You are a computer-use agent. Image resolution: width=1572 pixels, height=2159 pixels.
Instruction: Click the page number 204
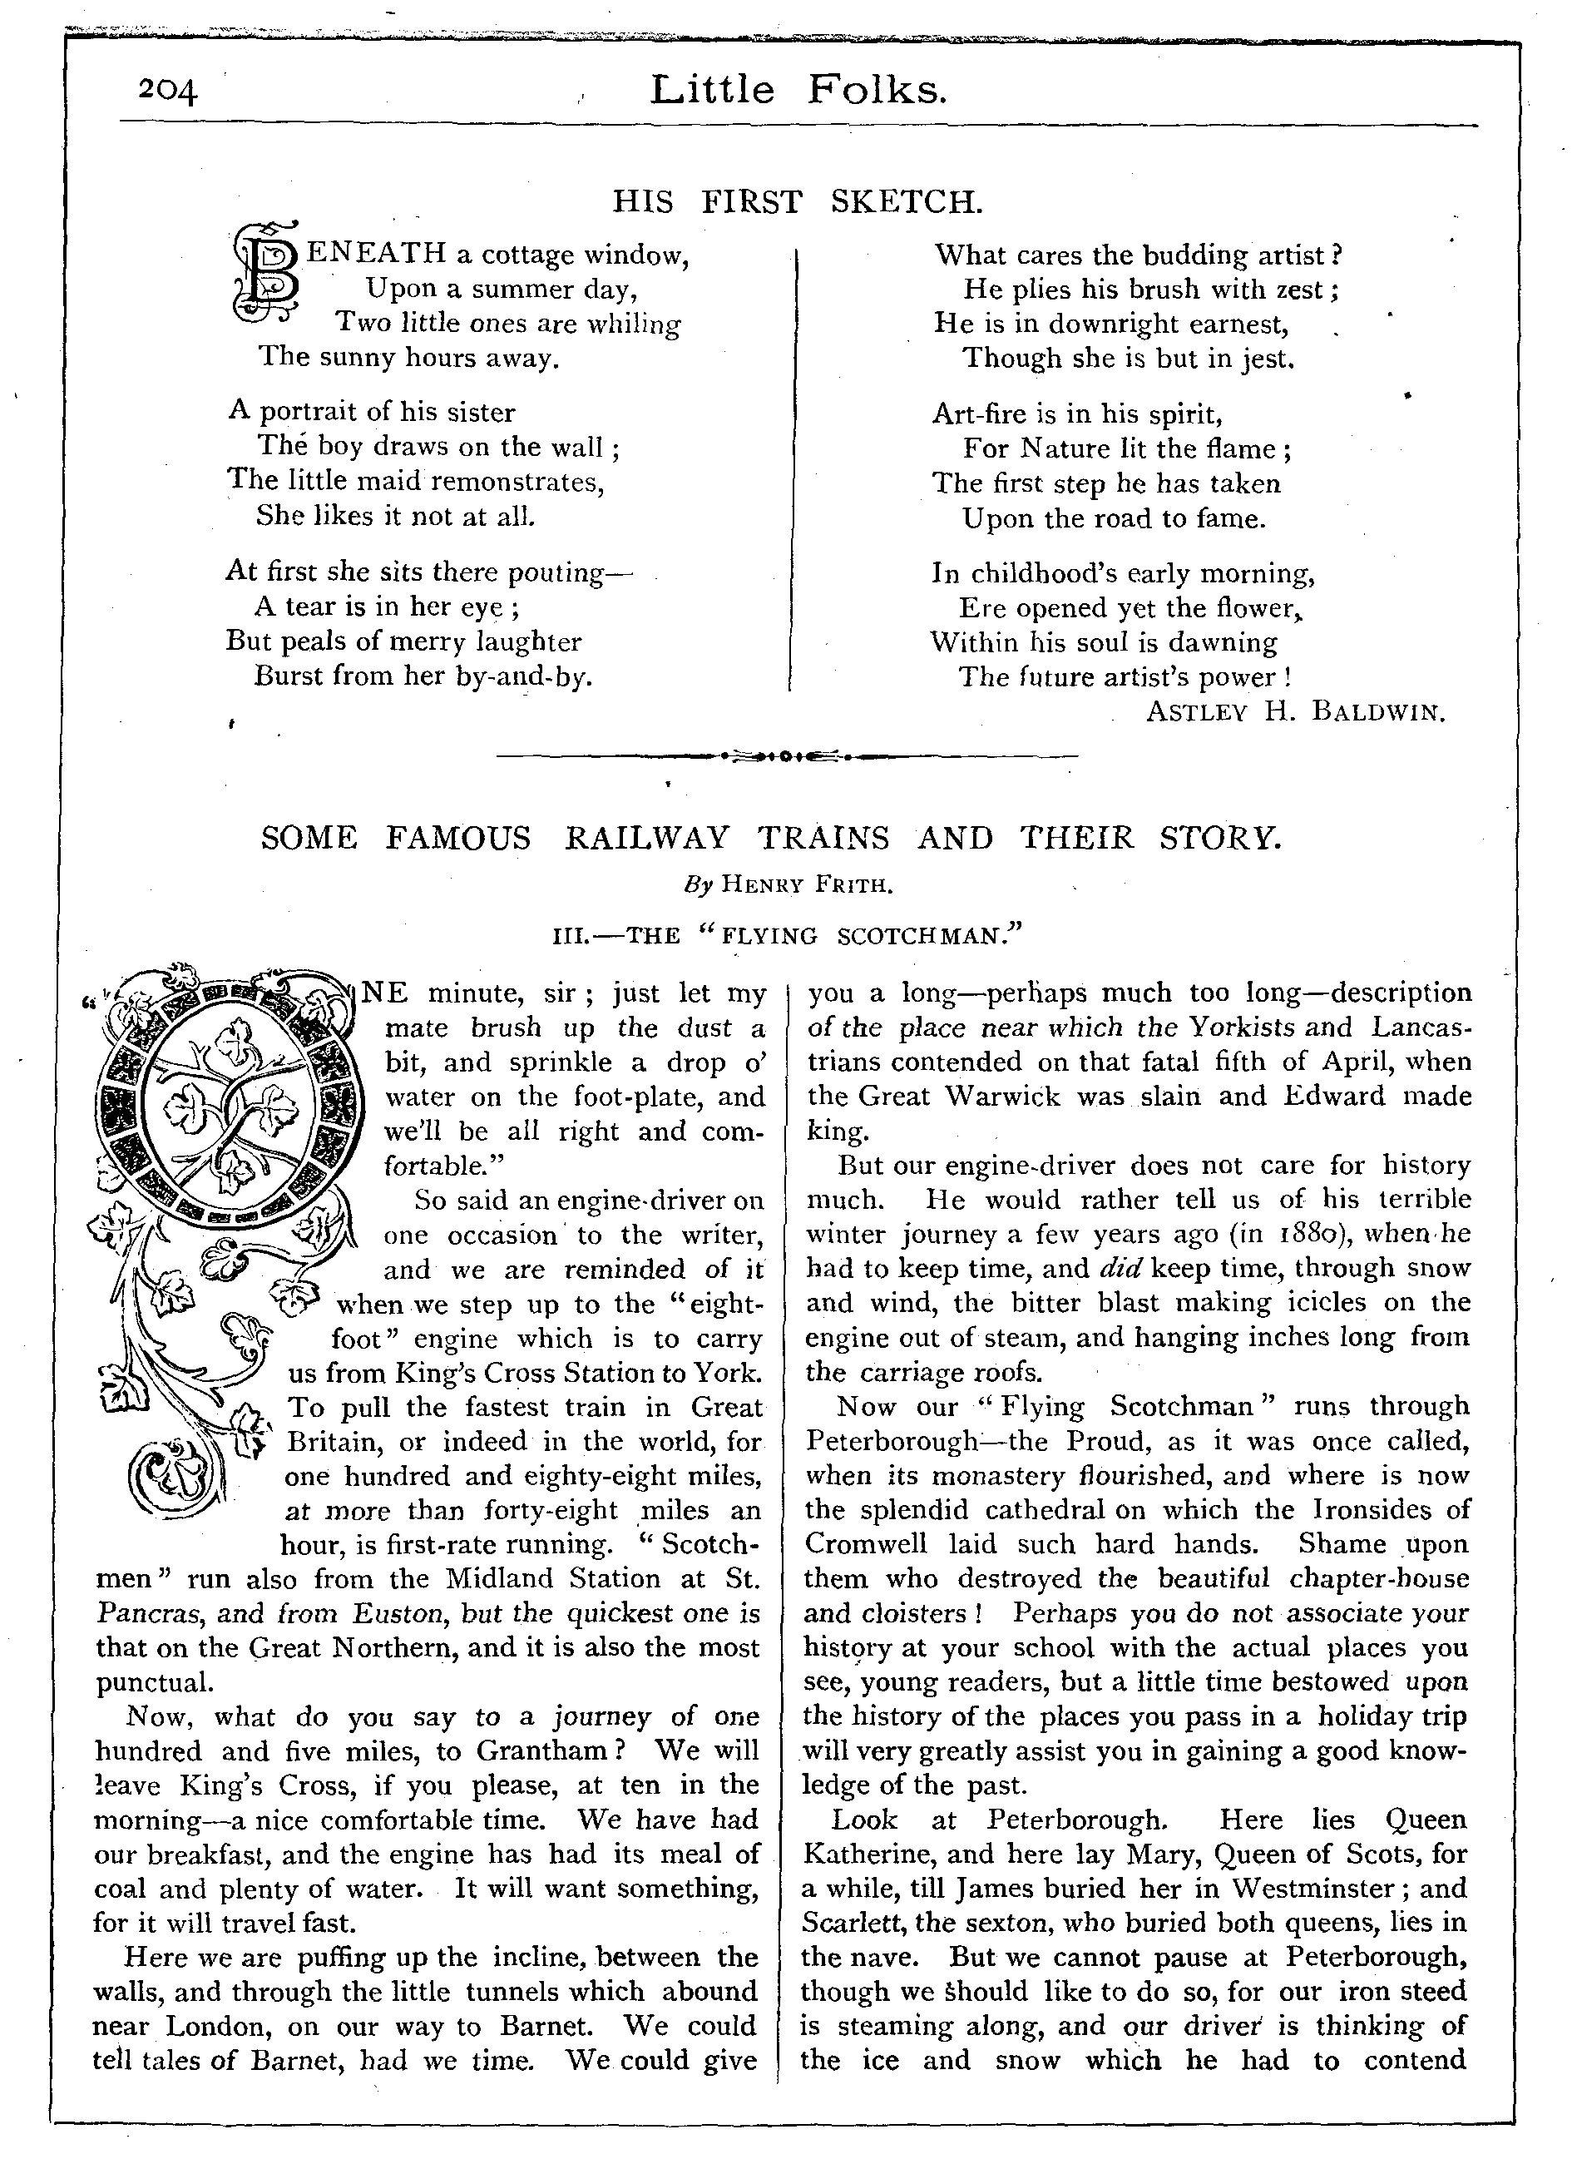pyautogui.click(x=167, y=91)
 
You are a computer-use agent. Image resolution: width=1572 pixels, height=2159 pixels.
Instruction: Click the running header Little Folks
pyautogui.click(x=799, y=91)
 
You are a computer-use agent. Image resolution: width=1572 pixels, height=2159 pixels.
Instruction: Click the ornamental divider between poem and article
pyautogui.click(x=787, y=757)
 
